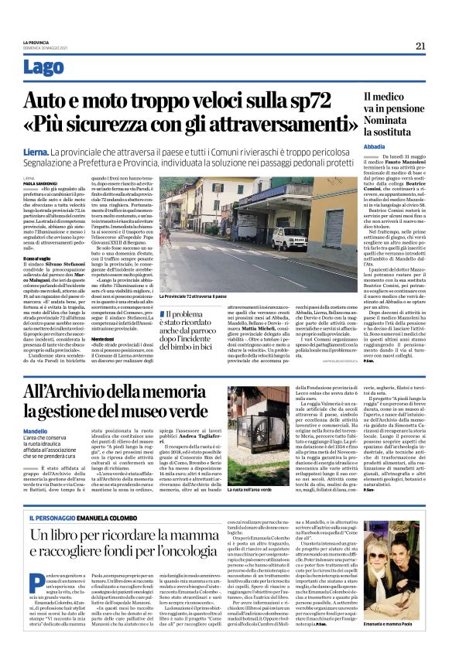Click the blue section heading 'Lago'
44,67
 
